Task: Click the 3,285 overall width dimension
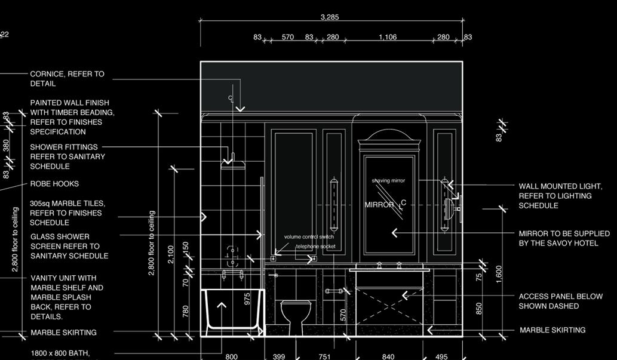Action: point(330,17)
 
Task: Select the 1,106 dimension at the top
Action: point(387,37)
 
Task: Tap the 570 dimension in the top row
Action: point(287,37)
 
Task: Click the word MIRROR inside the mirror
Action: point(380,205)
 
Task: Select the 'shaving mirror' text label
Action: point(388,180)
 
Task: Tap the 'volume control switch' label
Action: point(309,237)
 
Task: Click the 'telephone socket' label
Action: point(315,247)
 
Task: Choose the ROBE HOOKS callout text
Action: point(54,184)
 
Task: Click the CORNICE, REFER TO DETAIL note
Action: point(67,79)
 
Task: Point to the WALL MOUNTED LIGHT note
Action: point(560,196)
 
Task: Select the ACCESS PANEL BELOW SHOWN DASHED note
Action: point(560,301)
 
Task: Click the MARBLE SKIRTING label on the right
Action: point(552,330)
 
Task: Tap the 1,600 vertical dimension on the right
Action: point(499,272)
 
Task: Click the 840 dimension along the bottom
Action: point(388,357)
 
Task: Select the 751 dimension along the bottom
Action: point(324,357)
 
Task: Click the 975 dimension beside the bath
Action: point(248,299)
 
